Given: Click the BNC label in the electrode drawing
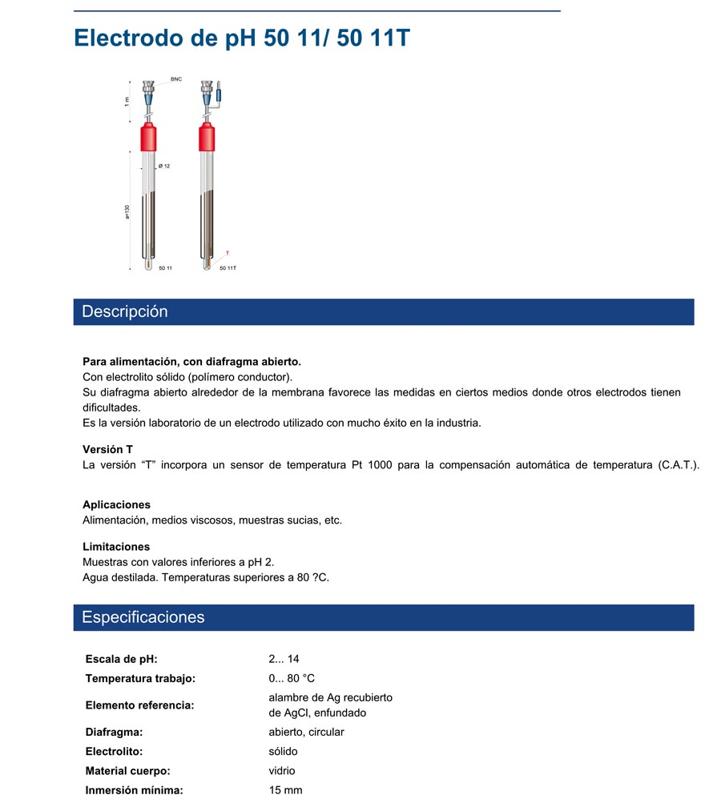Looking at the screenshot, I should [x=176, y=80].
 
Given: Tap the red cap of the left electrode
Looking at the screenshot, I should [x=149, y=139].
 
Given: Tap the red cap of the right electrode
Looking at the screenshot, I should [x=207, y=139].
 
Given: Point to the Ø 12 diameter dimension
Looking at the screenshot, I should [x=164, y=166].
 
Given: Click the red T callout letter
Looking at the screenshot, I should [x=227, y=253].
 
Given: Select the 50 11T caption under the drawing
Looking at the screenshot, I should [x=228, y=268].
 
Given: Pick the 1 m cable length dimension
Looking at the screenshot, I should [x=127, y=100].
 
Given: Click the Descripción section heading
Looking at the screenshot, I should [x=125, y=311].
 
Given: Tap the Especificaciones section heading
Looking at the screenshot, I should [x=143, y=617].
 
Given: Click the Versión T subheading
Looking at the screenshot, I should [x=107, y=449].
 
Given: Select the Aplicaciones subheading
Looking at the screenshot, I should [x=116, y=504].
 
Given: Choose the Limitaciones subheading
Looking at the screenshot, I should [x=116, y=547].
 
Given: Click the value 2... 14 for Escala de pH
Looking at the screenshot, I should [x=284, y=659].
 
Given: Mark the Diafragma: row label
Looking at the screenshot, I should [x=114, y=732].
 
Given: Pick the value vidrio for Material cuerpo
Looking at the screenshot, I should [x=282, y=771].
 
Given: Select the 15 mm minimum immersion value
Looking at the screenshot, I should [x=285, y=790].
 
